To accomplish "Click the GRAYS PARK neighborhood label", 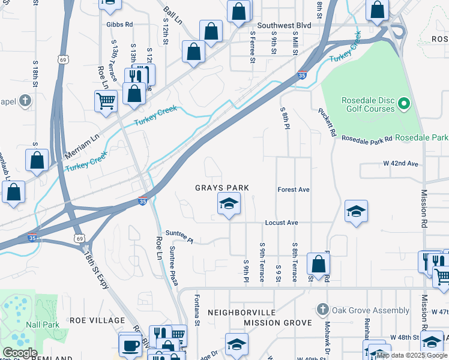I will (221, 188).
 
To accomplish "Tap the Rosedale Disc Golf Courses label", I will (360, 104).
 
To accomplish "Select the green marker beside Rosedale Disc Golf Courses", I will (404, 104).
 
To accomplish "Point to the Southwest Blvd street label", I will (286, 26).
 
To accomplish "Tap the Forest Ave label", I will (293, 190).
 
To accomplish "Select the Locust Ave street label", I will (282, 223).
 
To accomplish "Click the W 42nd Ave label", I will (400, 163).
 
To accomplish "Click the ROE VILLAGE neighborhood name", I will (97, 320).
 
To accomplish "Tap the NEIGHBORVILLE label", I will (241, 313).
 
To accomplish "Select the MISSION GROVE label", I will (277, 323).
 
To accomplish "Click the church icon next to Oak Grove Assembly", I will (322, 310).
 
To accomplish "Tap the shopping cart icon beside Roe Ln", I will (106, 100).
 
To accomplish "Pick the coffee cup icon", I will (130, 345).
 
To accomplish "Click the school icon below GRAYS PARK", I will (228, 205).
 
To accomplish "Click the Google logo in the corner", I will (20, 353).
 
